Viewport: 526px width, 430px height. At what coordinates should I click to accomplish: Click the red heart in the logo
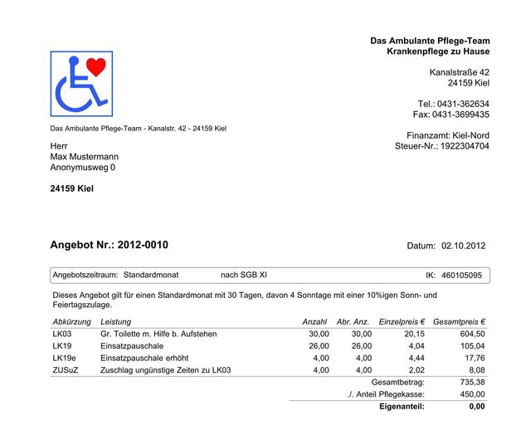point(96,66)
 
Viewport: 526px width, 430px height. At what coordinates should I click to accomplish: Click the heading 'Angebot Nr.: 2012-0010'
point(109,245)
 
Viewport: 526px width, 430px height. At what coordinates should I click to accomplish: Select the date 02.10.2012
point(463,246)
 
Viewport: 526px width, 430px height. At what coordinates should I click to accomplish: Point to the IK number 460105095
point(461,275)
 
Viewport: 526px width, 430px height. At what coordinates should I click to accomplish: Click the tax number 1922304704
point(464,146)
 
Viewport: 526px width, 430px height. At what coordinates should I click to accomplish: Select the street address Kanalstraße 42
point(459,72)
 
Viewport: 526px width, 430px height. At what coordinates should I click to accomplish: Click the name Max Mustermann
point(84,156)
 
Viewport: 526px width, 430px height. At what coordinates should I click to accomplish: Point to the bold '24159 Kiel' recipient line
point(72,188)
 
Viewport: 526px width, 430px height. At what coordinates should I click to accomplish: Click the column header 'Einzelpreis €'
point(402,321)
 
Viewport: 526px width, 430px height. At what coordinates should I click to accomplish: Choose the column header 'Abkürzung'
point(71,321)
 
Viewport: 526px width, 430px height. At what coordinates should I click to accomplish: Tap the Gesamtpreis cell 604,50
point(472,334)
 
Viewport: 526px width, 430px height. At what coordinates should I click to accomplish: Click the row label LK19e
point(64,358)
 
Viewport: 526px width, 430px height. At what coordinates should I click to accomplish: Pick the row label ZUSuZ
point(65,370)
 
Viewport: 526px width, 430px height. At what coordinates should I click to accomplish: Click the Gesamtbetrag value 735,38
point(472,382)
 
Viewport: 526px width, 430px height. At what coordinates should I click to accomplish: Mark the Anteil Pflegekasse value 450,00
point(472,394)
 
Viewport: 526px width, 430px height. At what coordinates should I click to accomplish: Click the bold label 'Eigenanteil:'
point(402,407)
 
